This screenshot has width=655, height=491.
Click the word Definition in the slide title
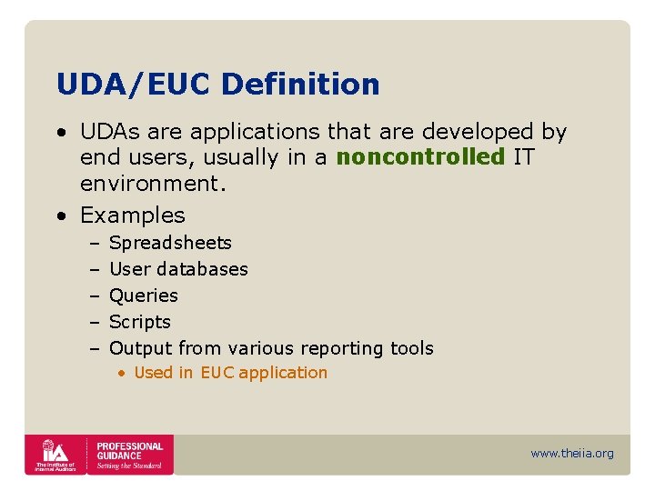(300, 85)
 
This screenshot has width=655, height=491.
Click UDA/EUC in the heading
(134, 85)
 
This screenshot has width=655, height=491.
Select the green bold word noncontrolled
(419, 157)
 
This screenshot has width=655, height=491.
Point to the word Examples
(133, 215)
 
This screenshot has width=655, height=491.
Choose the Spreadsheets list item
(170, 243)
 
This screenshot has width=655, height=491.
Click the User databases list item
(178, 269)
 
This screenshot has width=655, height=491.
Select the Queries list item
(144, 296)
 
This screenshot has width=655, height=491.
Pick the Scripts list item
(140, 322)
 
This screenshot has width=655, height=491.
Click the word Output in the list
(141, 348)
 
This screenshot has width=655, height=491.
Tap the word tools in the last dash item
(411, 348)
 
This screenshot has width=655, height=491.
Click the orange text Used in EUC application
(230, 373)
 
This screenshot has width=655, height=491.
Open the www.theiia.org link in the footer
(572, 453)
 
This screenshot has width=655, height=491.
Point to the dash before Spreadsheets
(95, 243)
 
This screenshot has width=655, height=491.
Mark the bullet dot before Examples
(60, 216)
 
